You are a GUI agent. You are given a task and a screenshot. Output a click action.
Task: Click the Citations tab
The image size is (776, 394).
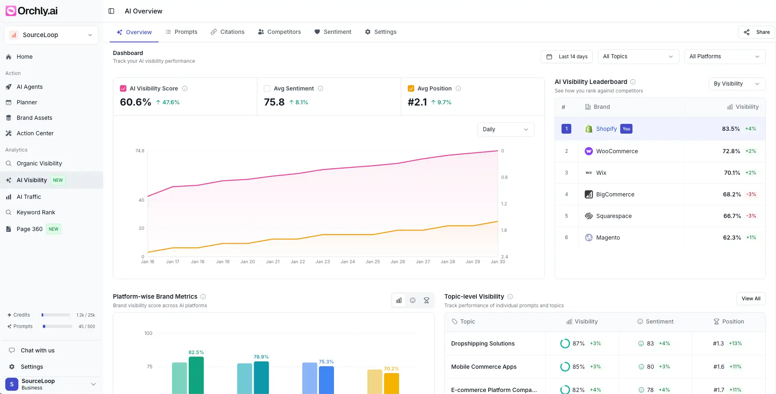(x=228, y=32)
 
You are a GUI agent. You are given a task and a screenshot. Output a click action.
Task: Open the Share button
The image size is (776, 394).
(x=757, y=32)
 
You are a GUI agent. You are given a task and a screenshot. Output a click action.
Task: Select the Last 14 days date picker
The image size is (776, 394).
(x=567, y=57)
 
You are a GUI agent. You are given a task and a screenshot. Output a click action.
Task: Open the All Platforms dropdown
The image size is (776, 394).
(x=724, y=57)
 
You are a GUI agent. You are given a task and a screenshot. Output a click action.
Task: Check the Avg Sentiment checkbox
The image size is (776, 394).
(x=267, y=88)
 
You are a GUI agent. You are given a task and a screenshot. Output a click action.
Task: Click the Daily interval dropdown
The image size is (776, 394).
(x=505, y=130)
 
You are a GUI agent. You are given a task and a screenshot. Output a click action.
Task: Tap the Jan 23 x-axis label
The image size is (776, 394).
(x=323, y=262)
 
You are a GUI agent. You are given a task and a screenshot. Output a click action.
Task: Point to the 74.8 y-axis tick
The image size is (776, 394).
(x=139, y=151)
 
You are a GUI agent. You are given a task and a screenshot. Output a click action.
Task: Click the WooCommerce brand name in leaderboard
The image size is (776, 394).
(x=617, y=151)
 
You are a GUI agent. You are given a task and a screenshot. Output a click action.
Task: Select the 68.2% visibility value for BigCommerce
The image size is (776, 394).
(x=732, y=194)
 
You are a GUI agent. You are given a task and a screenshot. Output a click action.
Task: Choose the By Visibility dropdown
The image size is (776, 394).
(x=736, y=84)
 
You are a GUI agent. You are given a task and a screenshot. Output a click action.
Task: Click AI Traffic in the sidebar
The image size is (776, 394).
(x=29, y=197)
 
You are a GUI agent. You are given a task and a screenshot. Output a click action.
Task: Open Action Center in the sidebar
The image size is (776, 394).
(x=35, y=133)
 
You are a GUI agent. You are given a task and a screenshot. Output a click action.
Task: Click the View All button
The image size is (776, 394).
(x=751, y=299)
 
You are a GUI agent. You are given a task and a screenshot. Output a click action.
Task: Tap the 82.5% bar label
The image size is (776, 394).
(x=196, y=352)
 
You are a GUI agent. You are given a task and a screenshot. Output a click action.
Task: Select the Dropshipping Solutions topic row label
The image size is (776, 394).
(x=483, y=343)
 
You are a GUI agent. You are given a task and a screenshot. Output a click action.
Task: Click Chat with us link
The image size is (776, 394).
(x=38, y=350)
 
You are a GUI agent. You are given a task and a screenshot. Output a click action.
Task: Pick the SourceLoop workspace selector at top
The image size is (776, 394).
(x=51, y=35)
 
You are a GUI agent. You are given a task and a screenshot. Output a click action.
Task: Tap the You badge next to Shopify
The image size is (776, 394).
(x=626, y=129)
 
